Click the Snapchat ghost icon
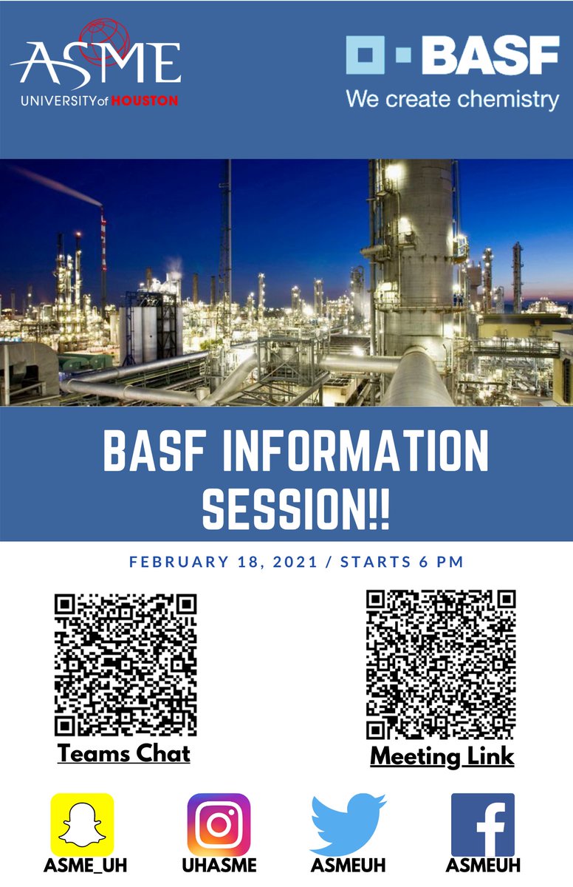(82, 824)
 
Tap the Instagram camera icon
(219, 824)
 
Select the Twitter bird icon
(348, 824)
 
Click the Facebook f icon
(483, 824)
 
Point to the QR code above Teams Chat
(125, 665)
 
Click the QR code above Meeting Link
(441, 665)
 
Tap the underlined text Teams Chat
(124, 753)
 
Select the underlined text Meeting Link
(442, 756)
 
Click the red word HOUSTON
(145, 100)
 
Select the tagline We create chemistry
(452, 98)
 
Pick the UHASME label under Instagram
(219, 866)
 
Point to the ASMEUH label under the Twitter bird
(349, 866)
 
